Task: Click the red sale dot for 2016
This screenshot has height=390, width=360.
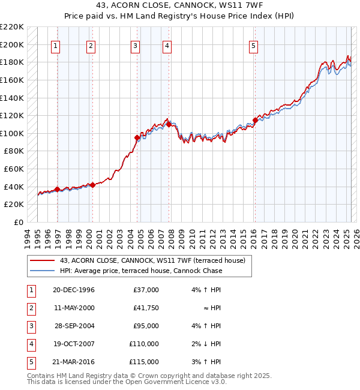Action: pos(255,120)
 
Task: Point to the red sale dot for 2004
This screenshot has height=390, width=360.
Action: pos(137,138)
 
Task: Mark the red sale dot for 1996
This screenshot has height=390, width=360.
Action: pos(58,189)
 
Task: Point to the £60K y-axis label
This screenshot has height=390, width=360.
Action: pos(14,169)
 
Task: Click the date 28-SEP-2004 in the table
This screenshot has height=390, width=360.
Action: pos(74,326)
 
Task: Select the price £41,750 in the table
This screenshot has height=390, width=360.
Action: pos(146,308)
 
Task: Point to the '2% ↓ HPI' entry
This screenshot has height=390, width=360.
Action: pos(206,344)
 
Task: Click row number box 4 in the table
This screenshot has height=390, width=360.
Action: pos(31,344)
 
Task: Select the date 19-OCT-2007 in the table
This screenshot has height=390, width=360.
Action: pos(74,344)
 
